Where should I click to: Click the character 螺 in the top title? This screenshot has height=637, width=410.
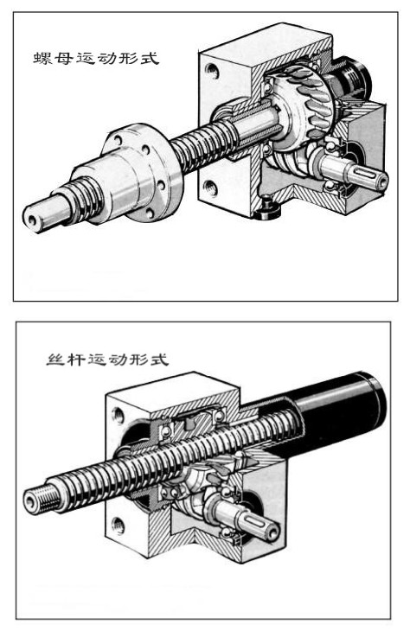43,58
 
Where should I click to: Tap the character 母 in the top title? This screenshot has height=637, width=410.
64,58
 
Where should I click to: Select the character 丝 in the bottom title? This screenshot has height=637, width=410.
55,360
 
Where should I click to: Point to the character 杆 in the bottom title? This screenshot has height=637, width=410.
76,360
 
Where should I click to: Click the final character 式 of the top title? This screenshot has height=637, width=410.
150,58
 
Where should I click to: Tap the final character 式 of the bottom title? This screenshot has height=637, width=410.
159,360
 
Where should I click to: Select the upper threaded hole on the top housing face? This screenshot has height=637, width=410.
212,71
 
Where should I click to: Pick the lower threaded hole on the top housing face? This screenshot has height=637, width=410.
210,188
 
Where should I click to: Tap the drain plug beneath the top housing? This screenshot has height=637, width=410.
267,208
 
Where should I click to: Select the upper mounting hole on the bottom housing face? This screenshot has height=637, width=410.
119,415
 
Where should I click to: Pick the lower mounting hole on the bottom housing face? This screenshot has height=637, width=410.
118,526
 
